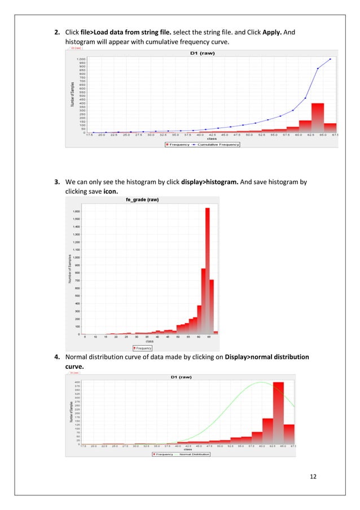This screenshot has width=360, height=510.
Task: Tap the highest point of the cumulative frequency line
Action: point(331,59)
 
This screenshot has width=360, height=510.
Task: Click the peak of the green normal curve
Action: point(261,382)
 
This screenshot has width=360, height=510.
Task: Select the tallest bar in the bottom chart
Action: point(278,412)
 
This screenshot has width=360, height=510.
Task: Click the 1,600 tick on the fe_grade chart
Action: point(75,211)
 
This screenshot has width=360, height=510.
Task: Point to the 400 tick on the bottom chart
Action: point(77,382)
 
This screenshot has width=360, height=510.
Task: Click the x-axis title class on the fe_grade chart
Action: point(150,341)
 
